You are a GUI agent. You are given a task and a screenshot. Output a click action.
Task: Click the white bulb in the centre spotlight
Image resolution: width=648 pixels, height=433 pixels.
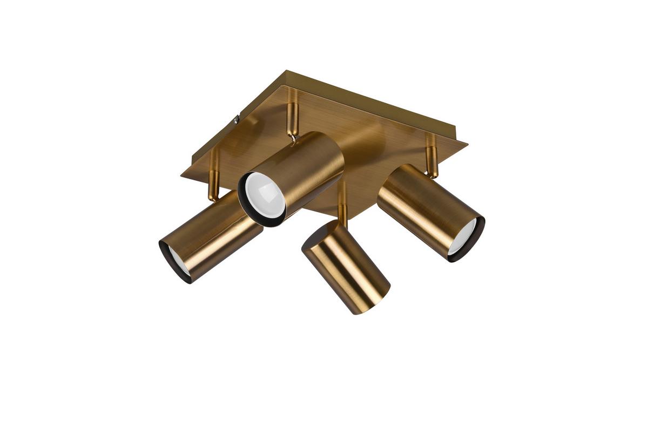pyautogui.click(x=265, y=193)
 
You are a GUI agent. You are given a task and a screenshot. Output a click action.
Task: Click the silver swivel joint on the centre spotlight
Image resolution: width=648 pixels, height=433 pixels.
pyautogui.click(x=292, y=138)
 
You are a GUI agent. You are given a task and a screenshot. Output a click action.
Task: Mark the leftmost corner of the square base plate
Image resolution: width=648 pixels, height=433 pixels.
pyautogui.click(x=182, y=174)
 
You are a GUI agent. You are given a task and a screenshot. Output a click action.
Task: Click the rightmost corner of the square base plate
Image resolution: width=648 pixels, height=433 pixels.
pyautogui.click(x=467, y=144)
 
